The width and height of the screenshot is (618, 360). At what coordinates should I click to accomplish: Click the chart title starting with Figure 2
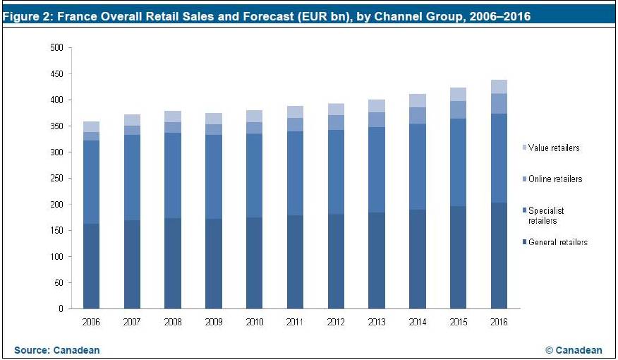point(267,16)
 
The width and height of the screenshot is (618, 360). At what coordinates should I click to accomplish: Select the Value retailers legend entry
point(554,148)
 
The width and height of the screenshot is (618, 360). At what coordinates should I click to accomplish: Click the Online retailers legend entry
point(555,179)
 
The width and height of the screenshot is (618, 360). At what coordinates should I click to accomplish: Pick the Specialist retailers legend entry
point(546,215)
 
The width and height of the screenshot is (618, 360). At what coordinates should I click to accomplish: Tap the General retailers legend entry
point(557,242)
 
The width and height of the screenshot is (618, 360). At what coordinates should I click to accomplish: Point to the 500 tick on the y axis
point(56,48)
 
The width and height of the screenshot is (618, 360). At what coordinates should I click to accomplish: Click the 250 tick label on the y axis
point(56,179)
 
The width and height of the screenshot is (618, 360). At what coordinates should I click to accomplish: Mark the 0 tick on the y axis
point(61,309)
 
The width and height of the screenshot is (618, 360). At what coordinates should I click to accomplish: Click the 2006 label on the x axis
point(91,321)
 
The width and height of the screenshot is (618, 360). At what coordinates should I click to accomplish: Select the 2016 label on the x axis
point(499,321)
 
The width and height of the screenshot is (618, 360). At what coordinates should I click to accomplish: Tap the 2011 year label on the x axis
point(295,321)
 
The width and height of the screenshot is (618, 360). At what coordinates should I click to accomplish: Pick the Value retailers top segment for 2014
point(418,100)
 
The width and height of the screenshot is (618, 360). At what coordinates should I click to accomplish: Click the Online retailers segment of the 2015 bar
point(458,109)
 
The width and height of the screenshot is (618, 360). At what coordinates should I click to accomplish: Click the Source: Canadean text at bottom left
point(57,350)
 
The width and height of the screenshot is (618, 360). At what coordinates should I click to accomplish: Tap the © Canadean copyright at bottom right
point(574,350)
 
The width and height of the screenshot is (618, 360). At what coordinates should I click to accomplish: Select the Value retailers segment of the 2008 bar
point(173,116)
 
